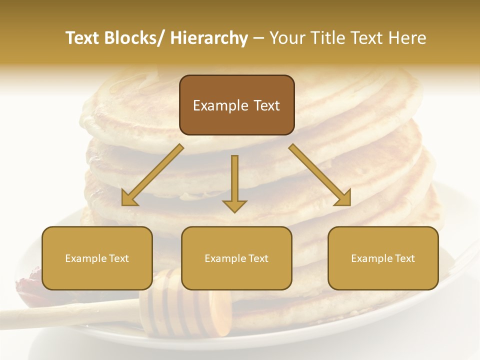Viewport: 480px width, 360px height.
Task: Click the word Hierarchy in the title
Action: pyautogui.click(x=209, y=38)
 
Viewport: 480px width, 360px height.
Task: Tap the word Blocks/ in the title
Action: pyautogui.click(x=134, y=38)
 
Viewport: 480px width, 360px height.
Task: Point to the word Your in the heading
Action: pyautogui.click(x=286, y=38)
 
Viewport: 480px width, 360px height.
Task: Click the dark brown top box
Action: pyautogui.click(x=236, y=105)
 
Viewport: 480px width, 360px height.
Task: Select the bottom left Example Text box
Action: pyautogui.click(x=97, y=258)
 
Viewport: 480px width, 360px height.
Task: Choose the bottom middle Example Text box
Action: pyautogui.click(x=236, y=258)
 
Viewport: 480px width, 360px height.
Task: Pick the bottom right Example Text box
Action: pyautogui.click(x=383, y=258)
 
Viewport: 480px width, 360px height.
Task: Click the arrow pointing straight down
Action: pyautogui.click(x=234, y=182)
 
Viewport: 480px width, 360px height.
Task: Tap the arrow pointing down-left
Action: pyautogui.click(x=153, y=175)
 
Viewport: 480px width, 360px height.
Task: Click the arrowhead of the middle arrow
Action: pyautogui.click(x=234, y=205)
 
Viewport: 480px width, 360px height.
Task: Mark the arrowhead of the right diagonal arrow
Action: pyautogui.click(x=343, y=197)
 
